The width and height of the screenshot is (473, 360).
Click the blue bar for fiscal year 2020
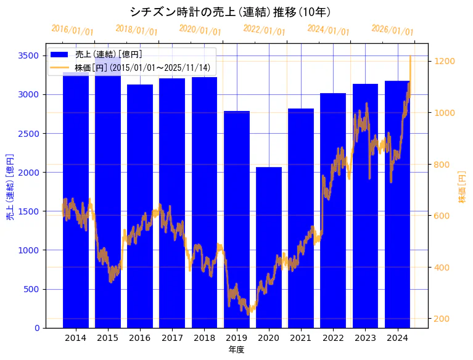point(269,247)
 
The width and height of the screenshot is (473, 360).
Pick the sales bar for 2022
point(333,210)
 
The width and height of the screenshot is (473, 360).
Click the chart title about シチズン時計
point(230,12)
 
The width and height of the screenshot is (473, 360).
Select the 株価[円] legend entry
point(142,67)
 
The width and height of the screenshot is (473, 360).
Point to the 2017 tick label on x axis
point(172,338)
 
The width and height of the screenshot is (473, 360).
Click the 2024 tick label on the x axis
point(398,338)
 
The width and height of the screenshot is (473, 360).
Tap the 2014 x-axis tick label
point(75,338)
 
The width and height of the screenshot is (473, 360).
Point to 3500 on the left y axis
point(30,55)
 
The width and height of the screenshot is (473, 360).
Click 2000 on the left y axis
point(30,172)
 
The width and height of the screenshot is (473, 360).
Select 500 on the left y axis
point(32,289)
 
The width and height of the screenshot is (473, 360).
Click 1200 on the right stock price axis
point(444,61)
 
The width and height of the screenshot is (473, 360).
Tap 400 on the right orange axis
point(442,268)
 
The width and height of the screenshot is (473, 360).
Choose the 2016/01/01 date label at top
point(72,30)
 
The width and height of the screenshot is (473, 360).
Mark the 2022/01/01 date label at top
point(264,30)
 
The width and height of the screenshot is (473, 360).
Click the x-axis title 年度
point(236,350)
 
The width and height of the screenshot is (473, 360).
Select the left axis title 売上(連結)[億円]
point(10,187)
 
